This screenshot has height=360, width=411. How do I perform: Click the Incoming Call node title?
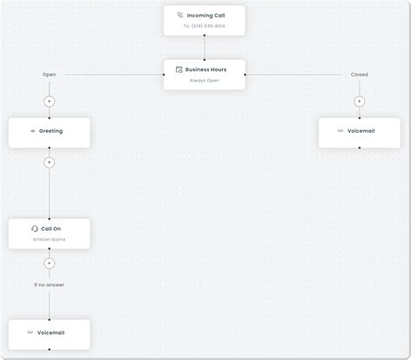pos(205,16)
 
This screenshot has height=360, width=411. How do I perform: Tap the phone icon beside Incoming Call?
pos(180,16)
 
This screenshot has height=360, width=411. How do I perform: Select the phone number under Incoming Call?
pos(205,27)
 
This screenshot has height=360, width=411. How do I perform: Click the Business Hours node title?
pos(205,69)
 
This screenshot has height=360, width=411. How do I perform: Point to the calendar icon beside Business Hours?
pos(179,69)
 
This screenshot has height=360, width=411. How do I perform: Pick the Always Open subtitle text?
pos(205,81)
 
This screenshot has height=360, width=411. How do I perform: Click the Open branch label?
pos(49,75)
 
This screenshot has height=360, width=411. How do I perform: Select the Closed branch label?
pos(359,75)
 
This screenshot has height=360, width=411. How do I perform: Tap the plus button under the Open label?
pos(49,101)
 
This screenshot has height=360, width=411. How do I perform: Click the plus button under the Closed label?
pos(359,101)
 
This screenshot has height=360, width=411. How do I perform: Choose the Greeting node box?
pos(49,132)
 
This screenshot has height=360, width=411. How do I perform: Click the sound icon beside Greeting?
pos(33,132)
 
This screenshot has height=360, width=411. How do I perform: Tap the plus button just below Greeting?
pos(49,162)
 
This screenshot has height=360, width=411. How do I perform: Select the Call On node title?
pos(51,229)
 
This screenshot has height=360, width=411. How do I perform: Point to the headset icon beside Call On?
pos(35,229)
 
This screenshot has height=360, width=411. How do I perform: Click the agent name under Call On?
pos(49,239)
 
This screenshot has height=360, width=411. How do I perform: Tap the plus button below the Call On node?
pos(49,263)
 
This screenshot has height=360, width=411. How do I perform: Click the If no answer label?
pos(49,285)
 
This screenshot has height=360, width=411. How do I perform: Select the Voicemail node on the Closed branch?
pos(359,132)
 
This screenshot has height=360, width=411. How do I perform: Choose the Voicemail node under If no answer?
pos(49,333)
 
